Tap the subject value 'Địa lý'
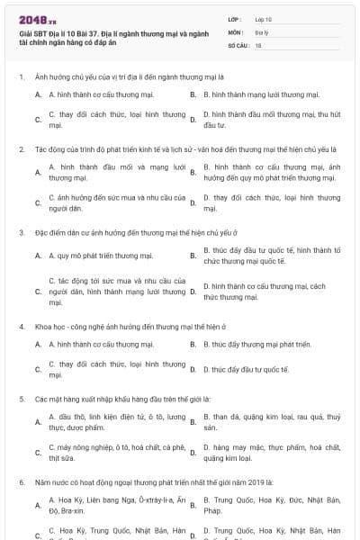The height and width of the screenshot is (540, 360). [x=262, y=31]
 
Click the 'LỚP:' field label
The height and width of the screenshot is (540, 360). [x=236, y=19]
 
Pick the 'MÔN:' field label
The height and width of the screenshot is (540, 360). [x=237, y=31]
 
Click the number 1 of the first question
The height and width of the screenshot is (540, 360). [x=21, y=77]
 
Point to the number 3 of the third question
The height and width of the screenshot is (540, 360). [x=21, y=232]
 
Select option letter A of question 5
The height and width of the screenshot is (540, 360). [x=38, y=422]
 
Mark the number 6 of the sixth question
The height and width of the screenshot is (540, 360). [x=21, y=482]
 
